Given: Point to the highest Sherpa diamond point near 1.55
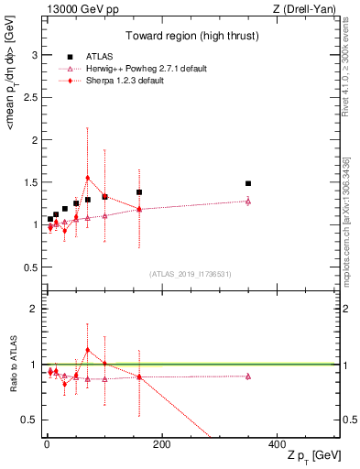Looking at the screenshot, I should (x=87, y=178).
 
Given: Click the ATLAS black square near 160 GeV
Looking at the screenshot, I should (x=139, y=192).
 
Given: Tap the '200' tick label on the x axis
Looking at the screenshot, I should (x=161, y=443).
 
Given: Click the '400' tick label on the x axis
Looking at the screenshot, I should (x=277, y=443).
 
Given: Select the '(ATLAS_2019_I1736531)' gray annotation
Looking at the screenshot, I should (x=189, y=274).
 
